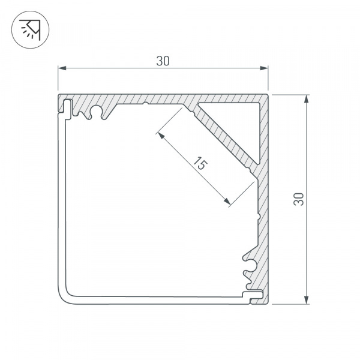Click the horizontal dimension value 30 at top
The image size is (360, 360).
[162, 61]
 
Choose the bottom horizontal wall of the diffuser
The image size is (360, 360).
[156, 296]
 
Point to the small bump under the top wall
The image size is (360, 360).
[146, 104]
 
